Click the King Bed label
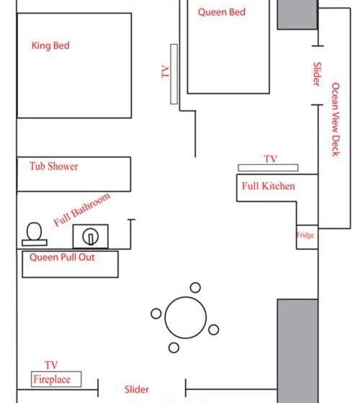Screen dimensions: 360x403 tap(50, 46)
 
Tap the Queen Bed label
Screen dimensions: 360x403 tap(222, 12)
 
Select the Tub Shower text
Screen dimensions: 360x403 tap(54, 166)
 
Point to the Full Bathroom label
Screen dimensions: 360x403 tap(82, 209)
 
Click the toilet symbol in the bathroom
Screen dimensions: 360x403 tap(35, 234)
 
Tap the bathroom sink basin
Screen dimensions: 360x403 tap(90, 237)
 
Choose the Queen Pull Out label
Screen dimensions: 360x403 tap(62, 258)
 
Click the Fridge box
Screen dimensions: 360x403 tap(307, 237)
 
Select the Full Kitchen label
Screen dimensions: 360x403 tap(268, 186)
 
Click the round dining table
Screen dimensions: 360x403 tap(186, 317)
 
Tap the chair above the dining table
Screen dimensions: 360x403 tap(195, 288)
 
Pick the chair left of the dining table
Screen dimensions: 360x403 tap(156, 314)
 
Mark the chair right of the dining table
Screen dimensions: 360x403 tap(213, 330)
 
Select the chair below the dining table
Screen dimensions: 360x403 tap(174, 348)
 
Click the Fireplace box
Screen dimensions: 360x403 tap(56, 379)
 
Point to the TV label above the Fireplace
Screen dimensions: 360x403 tap(51, 365)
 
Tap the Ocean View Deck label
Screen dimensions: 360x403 tap(336, 119)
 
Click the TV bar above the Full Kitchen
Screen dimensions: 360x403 tap(268, 168)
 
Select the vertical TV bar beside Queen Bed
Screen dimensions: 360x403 tap(174, 74)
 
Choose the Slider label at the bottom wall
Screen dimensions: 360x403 tap(137, 389)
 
